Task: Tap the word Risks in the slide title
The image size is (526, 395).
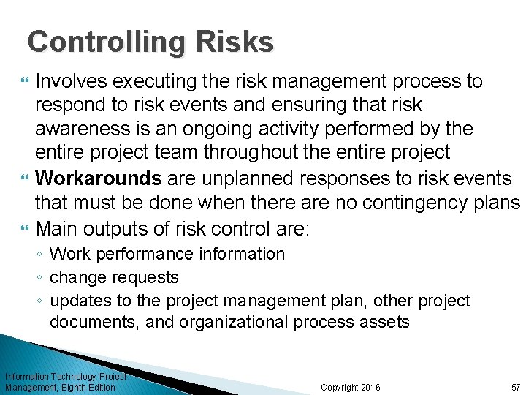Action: tap(241, 42)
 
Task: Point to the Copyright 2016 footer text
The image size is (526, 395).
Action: tap(351, 387)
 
